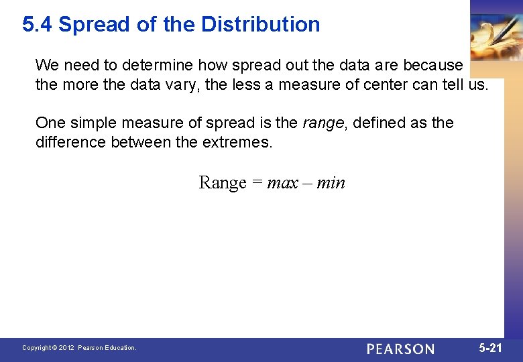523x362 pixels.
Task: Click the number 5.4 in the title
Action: (38, 25)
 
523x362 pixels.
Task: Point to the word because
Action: (432, 66)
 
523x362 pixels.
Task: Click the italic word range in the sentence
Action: (323, 123)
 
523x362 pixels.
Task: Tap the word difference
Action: (70, 142)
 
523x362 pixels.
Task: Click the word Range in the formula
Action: (223, 182)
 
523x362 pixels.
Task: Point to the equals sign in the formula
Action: (257, 182)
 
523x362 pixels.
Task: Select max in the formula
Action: (282, 182)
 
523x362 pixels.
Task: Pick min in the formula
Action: (331, 182)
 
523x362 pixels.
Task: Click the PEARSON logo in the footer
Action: (400, 349)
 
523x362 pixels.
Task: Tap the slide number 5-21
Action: (490, 348)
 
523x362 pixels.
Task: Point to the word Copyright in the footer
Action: (37, 348)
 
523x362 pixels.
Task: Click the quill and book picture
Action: (496, 37)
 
